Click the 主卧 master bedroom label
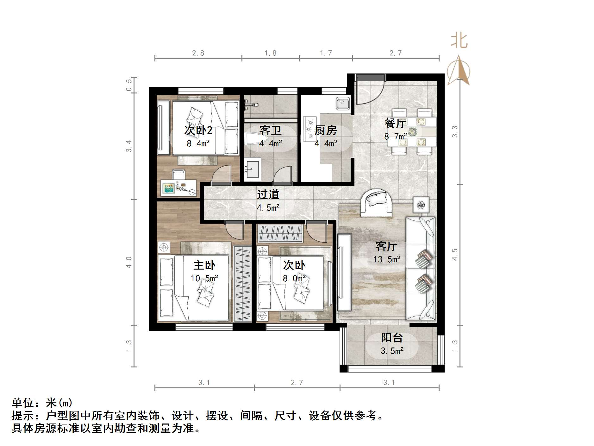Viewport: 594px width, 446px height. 204,265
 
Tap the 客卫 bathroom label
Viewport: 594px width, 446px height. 270,130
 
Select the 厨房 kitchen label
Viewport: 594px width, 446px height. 326,130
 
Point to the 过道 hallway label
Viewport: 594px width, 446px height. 268,194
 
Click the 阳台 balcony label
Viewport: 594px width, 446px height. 392,338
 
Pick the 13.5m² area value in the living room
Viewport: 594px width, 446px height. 387,259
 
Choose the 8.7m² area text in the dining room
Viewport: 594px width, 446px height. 395,137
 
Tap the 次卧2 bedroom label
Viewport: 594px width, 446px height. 198,130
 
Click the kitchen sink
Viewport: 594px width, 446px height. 342,103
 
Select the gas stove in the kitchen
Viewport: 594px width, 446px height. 309,129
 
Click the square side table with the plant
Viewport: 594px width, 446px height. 421,205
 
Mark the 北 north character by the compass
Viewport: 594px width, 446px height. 459,41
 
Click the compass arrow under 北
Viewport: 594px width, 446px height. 459,71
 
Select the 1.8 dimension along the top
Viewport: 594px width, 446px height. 271,53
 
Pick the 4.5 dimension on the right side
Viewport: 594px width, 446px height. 455,254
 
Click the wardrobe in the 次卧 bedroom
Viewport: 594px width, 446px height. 280,233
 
